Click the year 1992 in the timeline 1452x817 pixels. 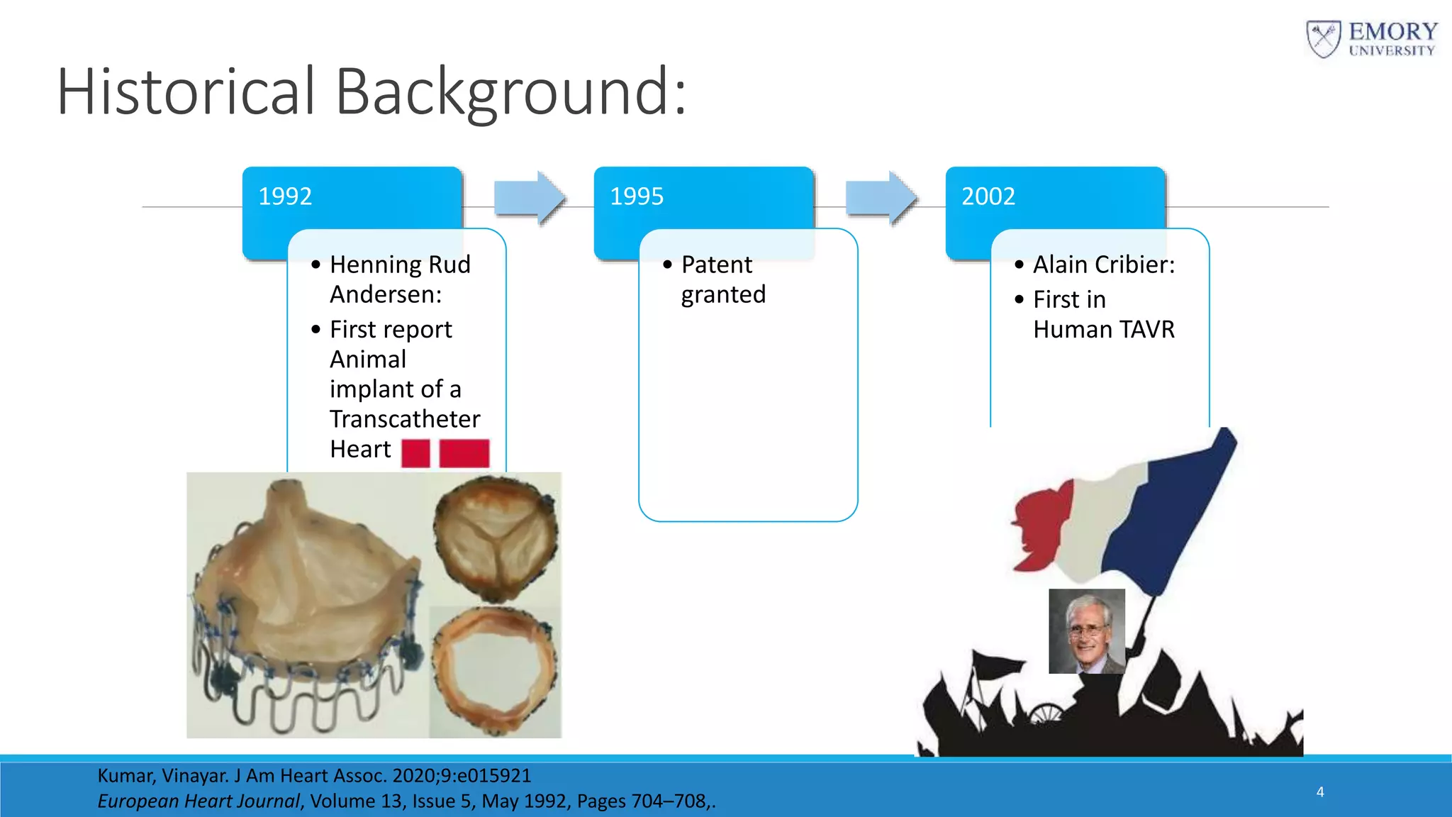tap(285, 196)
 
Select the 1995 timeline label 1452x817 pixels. tap(637, 196)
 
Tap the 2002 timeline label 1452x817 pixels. tap(988, 196)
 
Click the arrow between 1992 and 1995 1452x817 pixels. tap(530, 198)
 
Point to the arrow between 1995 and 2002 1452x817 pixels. tap(881, 198)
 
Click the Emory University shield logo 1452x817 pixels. tap(1323, 39)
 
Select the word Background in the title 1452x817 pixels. tap(510, 92)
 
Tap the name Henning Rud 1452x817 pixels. tap(400, 265)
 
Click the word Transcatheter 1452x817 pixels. tap(405, 419)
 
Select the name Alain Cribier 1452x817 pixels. tap(1103, 265)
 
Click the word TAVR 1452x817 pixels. tap(1147, 330)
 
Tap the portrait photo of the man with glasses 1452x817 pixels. tap(1086, 631)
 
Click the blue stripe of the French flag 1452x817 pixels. tap(1170, 518)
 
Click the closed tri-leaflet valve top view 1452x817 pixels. tap(496, 539)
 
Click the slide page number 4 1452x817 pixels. tap(1320, 792)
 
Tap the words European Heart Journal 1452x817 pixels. tap(199, 801)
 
